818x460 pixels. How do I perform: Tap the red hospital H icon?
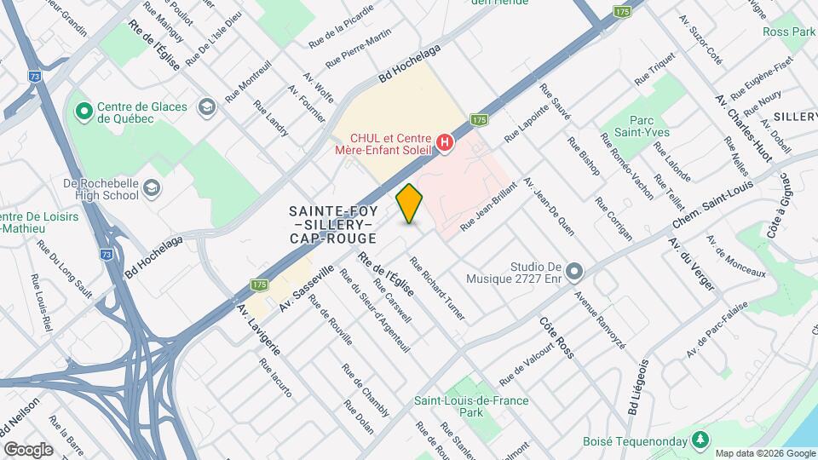coord(443,142)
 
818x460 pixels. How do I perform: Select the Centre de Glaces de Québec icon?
coord(84,112)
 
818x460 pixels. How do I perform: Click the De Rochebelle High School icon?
coord(151,187)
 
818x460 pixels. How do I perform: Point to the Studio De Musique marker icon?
coord(574,273)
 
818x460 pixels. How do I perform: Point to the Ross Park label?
coord(789,32)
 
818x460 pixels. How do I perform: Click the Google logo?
coord(27,449)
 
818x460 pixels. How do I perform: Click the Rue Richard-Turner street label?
coord(438,290)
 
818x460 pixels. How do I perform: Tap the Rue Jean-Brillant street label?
coord(489,206)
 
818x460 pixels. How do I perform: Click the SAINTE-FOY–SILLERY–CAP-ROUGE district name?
coord(332,224)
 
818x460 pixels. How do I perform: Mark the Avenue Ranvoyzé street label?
coord(600,319)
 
